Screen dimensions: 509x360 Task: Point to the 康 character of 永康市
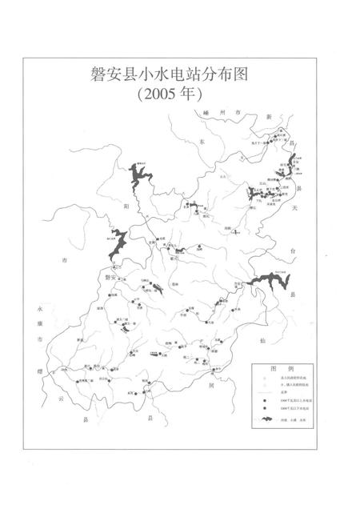[x=32, y=323]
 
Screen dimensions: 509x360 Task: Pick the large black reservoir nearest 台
[x=264, y=283]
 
